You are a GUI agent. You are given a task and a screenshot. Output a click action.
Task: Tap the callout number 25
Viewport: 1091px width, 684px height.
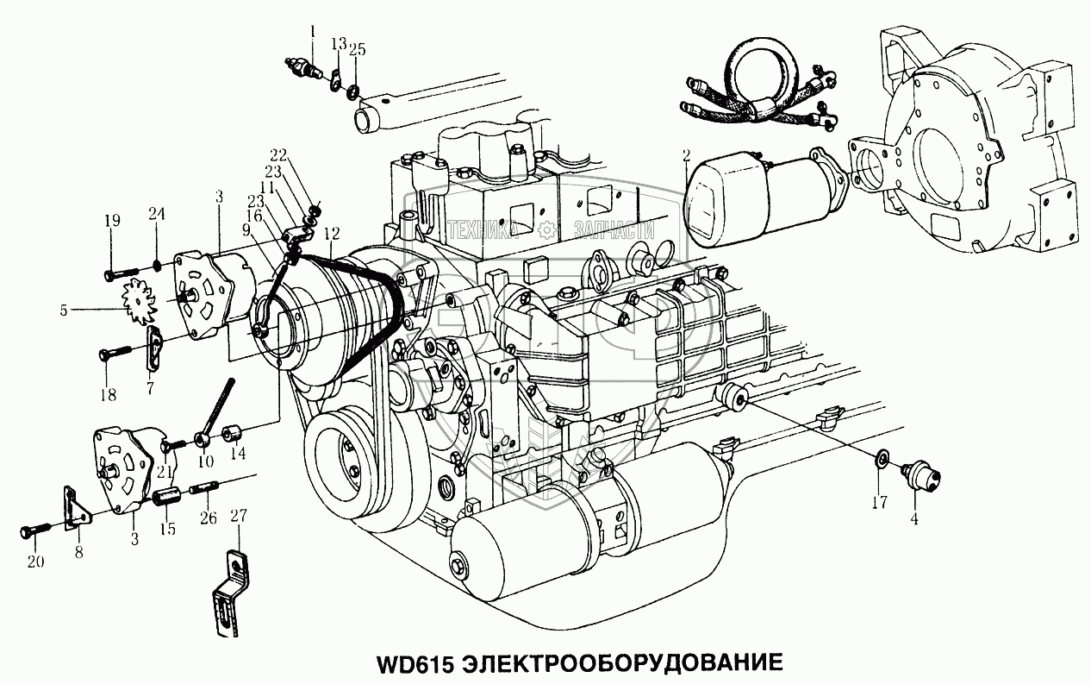pyautogui.click(x=357, y=50)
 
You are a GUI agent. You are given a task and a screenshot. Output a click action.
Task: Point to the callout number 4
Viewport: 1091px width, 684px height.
pyautogui.click(x=914, y=519)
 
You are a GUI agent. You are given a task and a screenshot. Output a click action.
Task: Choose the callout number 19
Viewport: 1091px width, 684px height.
pyautogui.click(x=113, y=222)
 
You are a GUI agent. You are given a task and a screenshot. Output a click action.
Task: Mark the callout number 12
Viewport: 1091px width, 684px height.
pyautogui.click(x=332, y=234)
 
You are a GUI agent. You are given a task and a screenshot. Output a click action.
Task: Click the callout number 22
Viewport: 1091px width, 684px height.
pyautogui.click(x=277, y=155)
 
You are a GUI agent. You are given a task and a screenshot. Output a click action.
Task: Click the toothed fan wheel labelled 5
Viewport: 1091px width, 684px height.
pyautogui.click(x=138, y=308)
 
